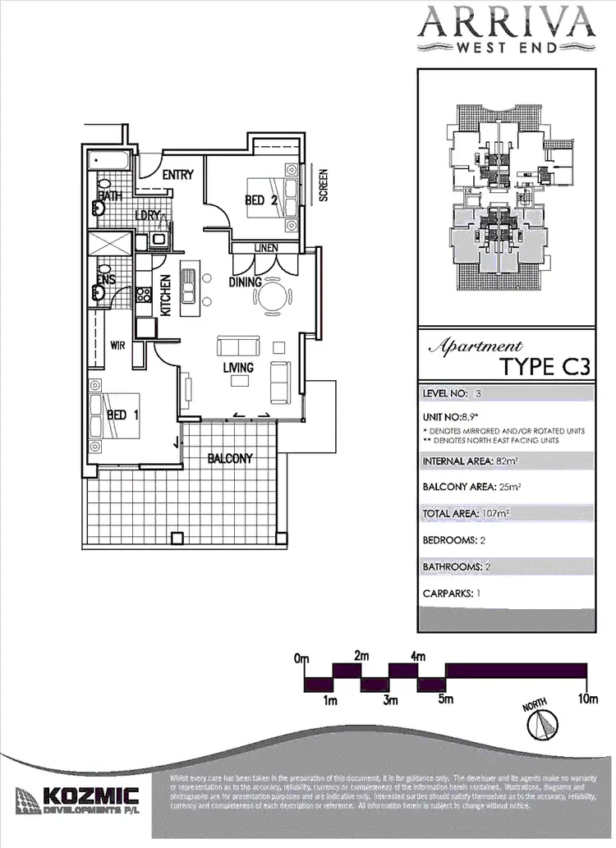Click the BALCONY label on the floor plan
[230, 458]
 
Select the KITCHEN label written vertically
[165, 296]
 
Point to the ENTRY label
[177, 175]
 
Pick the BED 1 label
[122, 415]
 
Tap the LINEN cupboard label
[266, 247]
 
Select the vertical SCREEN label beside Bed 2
[323, 186]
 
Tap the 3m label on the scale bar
[390, 700]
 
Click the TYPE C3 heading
[545, 365]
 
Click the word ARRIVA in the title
[505, 22]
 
